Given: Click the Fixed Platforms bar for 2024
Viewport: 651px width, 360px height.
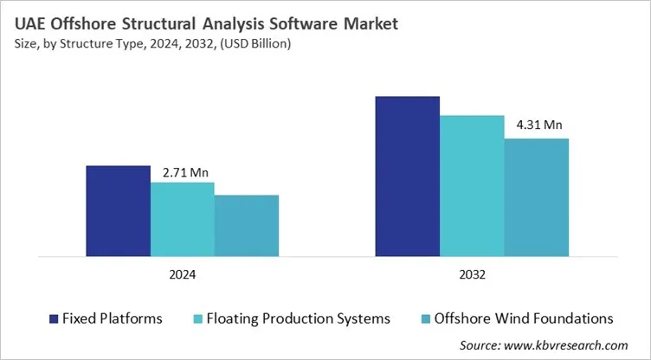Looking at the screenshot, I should point(118,210).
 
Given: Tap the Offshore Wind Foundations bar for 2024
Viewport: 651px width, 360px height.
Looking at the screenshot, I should point(247,226).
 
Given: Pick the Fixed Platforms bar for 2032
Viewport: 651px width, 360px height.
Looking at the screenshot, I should point(407,177).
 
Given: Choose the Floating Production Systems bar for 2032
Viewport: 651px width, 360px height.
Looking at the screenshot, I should point(472,186).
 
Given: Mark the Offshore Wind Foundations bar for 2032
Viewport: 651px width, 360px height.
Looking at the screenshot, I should point(537,197).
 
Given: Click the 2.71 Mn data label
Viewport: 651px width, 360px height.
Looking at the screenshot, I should point(186,172).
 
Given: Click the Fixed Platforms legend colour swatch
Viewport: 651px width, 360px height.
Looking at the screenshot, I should point(54,318).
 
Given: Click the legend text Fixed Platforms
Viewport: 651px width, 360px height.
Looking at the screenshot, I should point(112,318).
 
